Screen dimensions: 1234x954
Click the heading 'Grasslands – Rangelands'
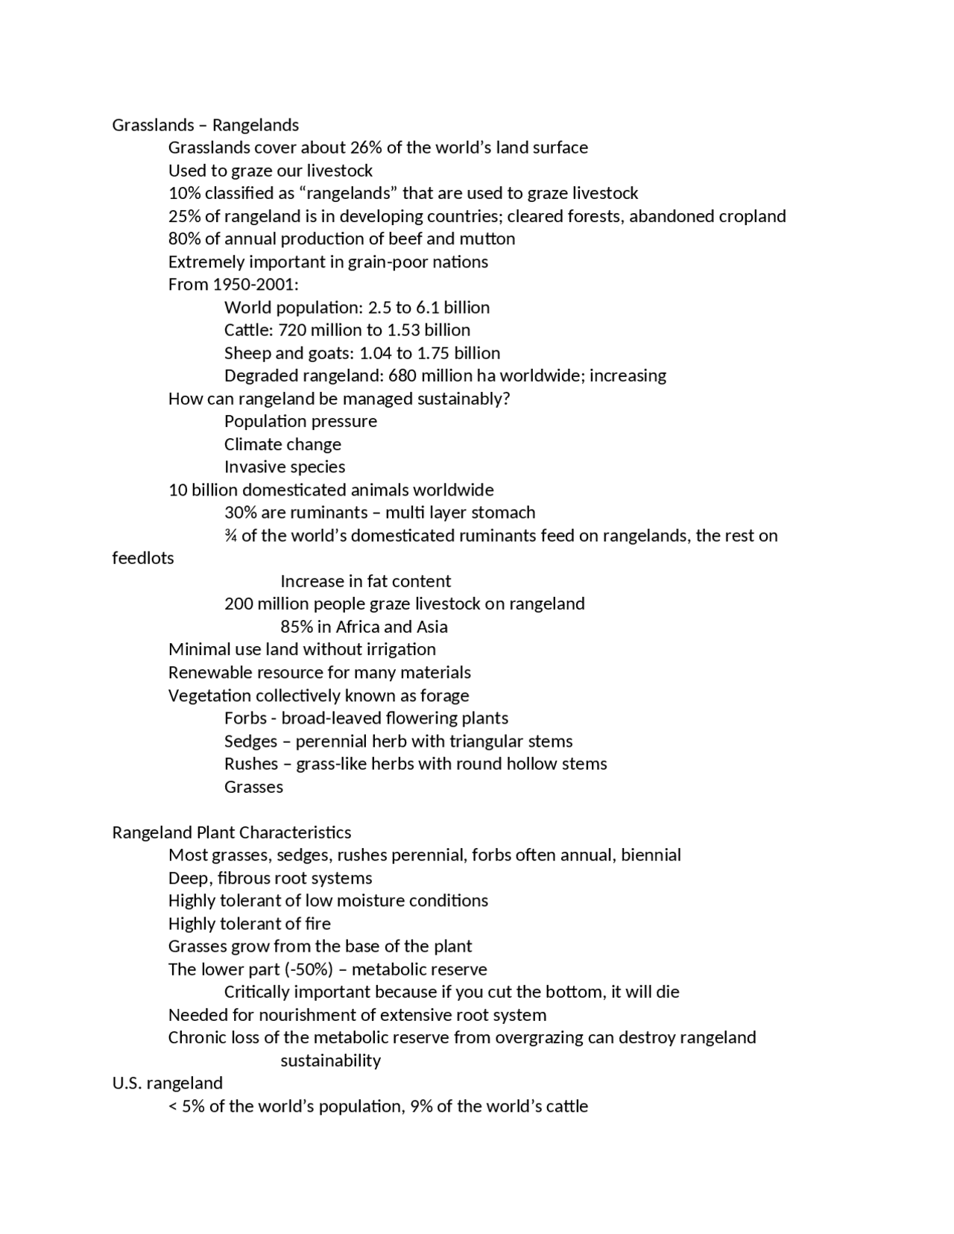click(205, 125)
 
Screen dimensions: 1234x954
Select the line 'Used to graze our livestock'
click(270, 171)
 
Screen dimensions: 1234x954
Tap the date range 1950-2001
click(253, 285)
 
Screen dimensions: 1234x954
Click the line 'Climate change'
click(282, 445)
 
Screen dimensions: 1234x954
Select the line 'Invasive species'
click(285, 467)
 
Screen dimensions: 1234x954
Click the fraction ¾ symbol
click(230, 536)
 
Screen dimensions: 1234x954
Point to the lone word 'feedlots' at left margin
click(143, 558)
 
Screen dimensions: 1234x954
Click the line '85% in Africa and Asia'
click(364, 627)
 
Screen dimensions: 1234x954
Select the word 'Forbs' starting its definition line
click(245, 718)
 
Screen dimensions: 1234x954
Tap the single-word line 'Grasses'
click(253, 787)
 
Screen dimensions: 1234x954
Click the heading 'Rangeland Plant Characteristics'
click(231, 832)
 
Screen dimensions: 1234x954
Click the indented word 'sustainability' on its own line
click(330, 1060)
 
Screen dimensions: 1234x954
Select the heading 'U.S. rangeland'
click(167, 1083)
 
